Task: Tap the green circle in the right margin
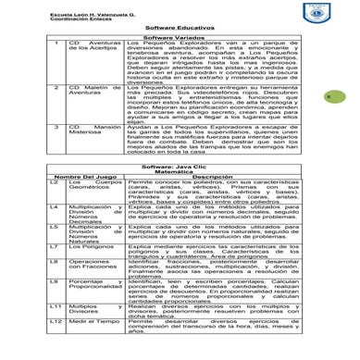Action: [340, 95]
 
